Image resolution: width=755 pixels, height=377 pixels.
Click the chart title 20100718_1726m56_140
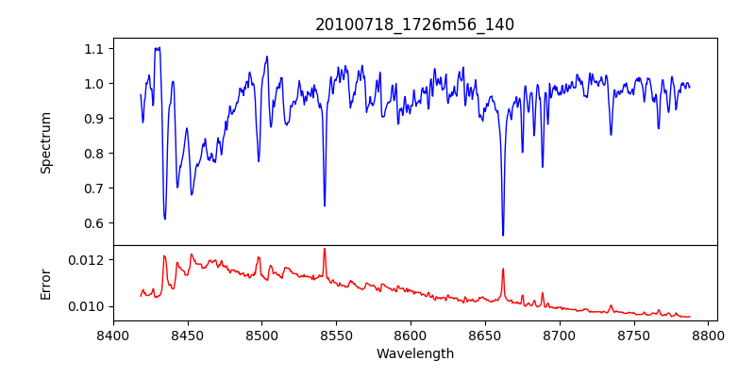pos(414,25)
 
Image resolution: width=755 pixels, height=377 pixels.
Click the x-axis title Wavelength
pos(414,354)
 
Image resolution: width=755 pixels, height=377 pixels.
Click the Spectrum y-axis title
pos(45,142)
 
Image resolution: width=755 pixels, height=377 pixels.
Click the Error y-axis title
pos(45,284)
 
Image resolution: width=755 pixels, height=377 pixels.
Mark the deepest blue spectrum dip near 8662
pos(503,235)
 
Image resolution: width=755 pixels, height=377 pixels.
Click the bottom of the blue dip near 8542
pos(325,205)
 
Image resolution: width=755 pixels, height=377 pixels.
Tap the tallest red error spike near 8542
pos(325,250)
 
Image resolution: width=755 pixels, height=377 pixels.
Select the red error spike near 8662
pos(503,270)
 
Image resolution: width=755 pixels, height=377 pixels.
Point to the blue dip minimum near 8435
pos(165,219)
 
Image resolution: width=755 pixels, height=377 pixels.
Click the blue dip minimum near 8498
pos(259,160)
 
